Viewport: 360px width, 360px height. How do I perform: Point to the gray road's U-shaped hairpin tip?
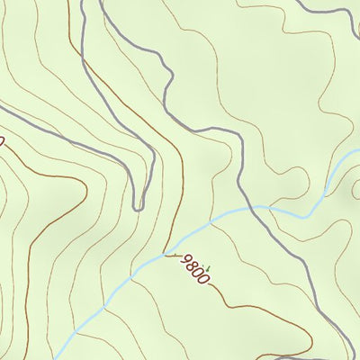tap(138, 206)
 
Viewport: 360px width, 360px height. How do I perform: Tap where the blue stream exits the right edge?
tap(357, 151)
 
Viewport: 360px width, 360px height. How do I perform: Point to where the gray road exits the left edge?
tap(3, 111)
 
